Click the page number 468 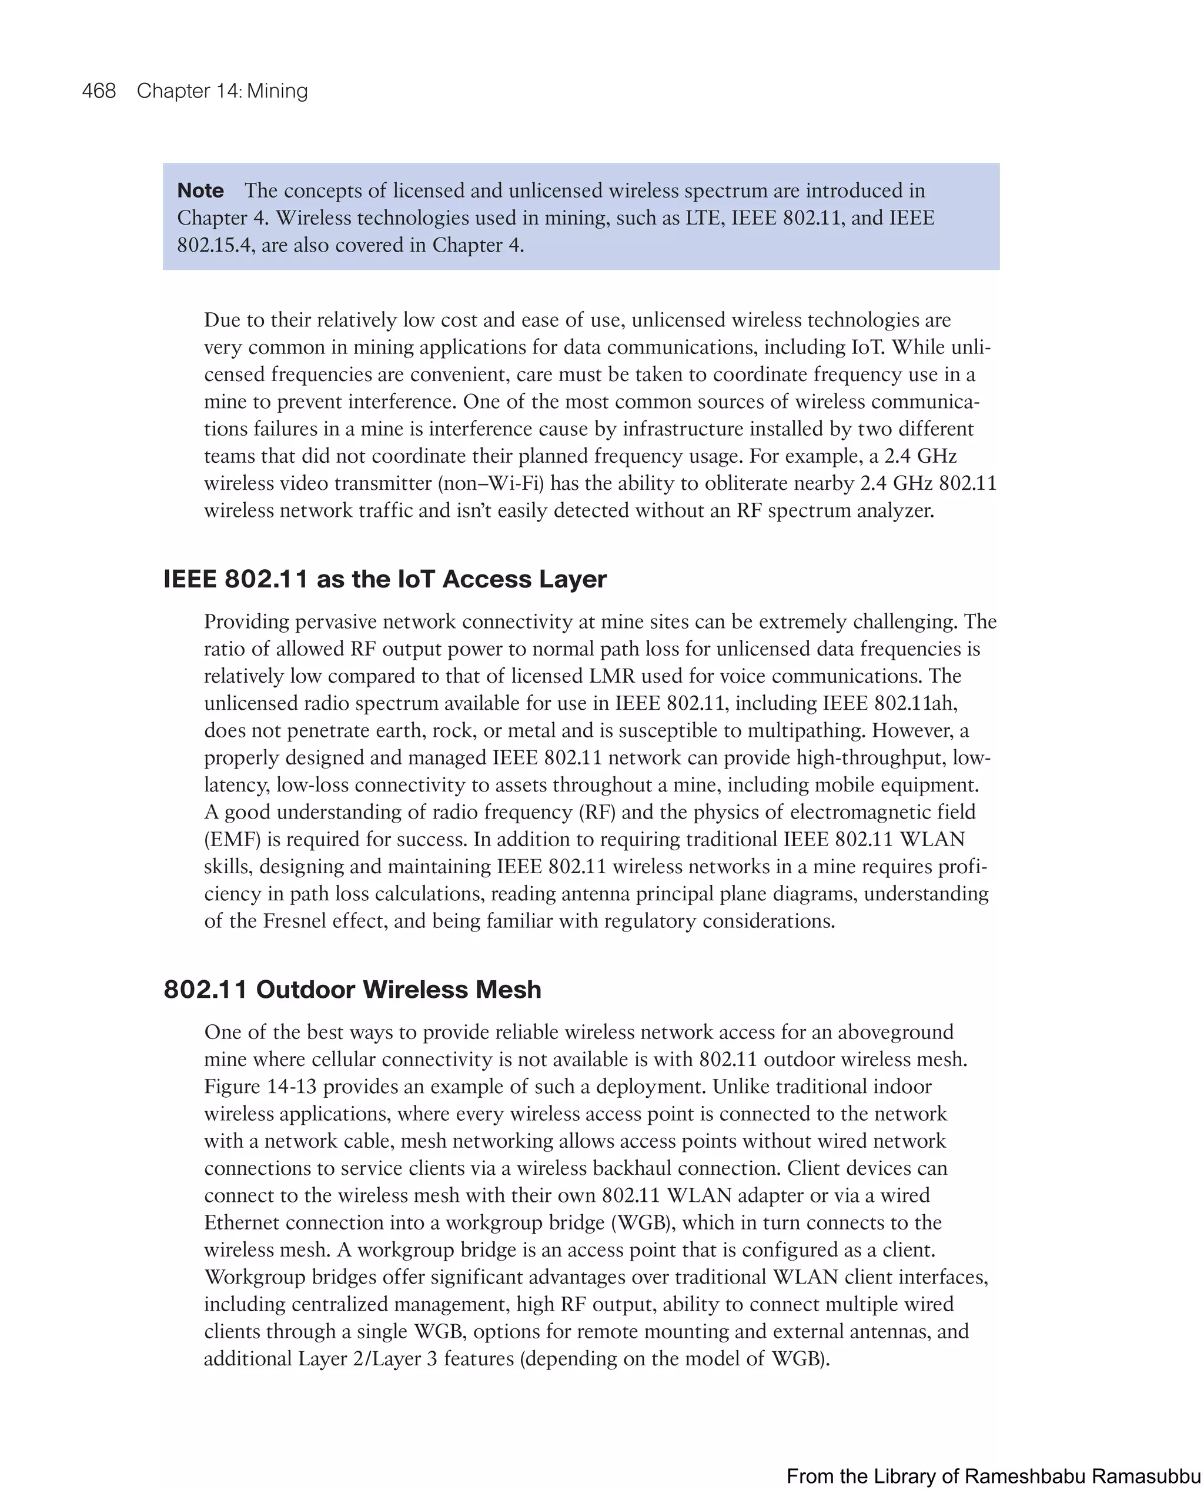[x=99, y=91]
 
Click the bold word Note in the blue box [x=200, y=190]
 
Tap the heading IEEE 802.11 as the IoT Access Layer [x=384, y=579]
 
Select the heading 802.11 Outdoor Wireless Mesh [x=352, y=989]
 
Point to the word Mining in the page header [x=277, y=91]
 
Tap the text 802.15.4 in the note [x=215, y=245]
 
